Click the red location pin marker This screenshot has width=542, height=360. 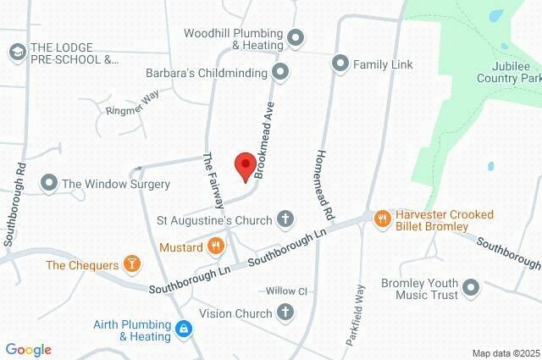(245, 166)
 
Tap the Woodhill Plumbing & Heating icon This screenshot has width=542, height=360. (295, 37)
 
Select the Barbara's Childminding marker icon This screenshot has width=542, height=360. (280, 73)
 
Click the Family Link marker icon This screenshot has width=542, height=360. (340, 64)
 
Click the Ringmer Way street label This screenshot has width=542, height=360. (133, 103)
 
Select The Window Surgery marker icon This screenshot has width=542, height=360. (48, 183)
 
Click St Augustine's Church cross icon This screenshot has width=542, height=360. (286, 220)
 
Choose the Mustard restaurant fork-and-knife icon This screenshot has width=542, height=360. (216, 247)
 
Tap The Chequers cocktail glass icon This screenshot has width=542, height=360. (132, 265)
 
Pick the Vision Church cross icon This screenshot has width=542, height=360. (286, 313)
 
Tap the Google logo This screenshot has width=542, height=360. (28, 350)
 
